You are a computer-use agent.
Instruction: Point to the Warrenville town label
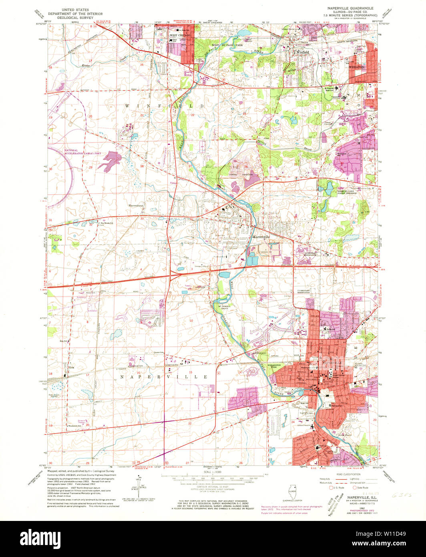pos(261,237)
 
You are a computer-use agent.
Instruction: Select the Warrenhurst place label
pos(135,206)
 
